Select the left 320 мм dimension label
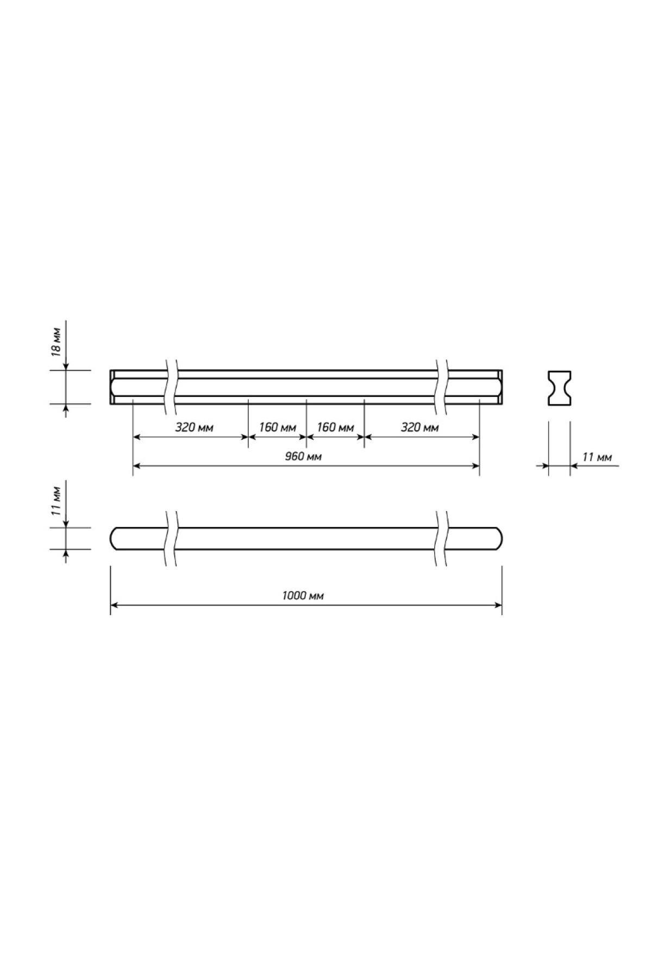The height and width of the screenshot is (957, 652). [x=195, y=428]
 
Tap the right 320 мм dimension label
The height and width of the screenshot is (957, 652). [x=420, y=428]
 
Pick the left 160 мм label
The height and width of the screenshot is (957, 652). [x=277, y=428]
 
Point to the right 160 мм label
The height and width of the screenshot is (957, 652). [x=335, y=428]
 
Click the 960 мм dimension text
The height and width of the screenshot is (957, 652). [x=303, y=457]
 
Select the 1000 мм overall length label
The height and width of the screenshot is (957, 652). [x=303, y=595]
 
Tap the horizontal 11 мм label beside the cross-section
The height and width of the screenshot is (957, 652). [x=597, y=458]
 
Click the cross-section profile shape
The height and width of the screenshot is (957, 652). [x=560, y=388]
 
